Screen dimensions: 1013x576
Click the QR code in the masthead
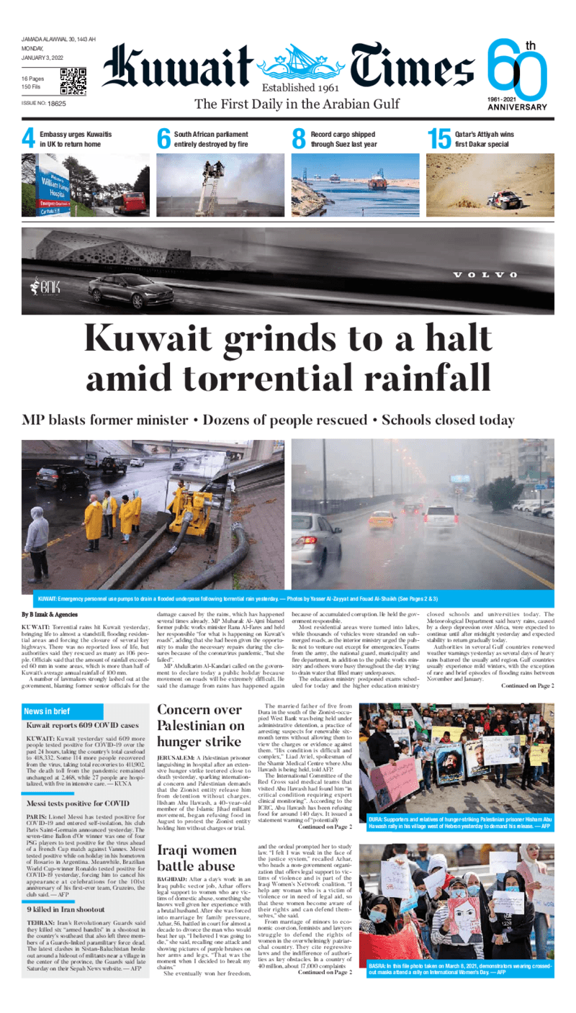tap(73, 81)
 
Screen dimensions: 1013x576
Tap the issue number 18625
tap(53, 104)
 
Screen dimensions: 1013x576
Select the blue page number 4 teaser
tap(28, 139)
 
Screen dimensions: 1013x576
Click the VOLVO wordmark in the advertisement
tap(485, 275)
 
